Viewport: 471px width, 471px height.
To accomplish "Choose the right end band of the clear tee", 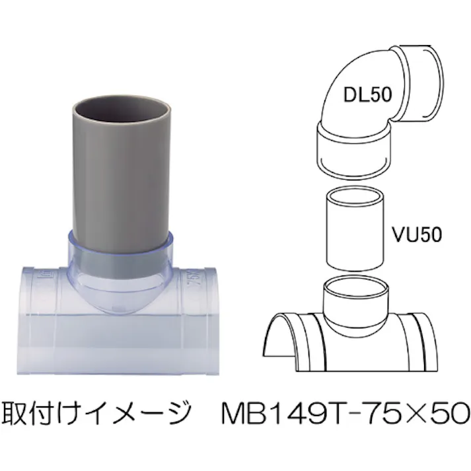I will tap(205, 317).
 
